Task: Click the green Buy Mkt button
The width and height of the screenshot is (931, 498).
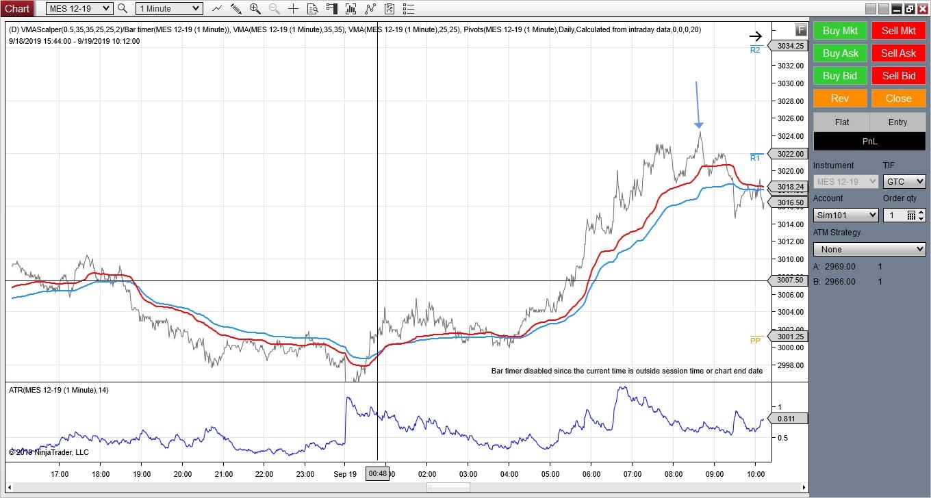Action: point(840,31)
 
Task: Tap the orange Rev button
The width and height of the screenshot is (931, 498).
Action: point(840,99)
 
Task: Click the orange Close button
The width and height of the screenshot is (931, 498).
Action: point(898,99)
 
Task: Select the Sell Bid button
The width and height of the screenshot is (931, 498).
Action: point(898,76)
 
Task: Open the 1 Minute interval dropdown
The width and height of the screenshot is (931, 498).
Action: point(168,9)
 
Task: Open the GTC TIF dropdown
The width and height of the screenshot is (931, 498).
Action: point(904,182)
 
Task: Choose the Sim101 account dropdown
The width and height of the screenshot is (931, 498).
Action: point(845,215)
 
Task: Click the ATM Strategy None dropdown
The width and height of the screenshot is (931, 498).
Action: point(869,250)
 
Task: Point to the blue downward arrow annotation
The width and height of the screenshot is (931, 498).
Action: point(698,104)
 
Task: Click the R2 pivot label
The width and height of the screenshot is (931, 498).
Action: point(755,50)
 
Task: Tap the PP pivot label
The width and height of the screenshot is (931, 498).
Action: point(756,340)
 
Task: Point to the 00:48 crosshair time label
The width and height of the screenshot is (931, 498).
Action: point(378,473)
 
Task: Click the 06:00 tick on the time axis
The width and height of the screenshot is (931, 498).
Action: point(591,473)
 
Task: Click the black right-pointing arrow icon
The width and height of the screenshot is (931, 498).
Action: point(755,37)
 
